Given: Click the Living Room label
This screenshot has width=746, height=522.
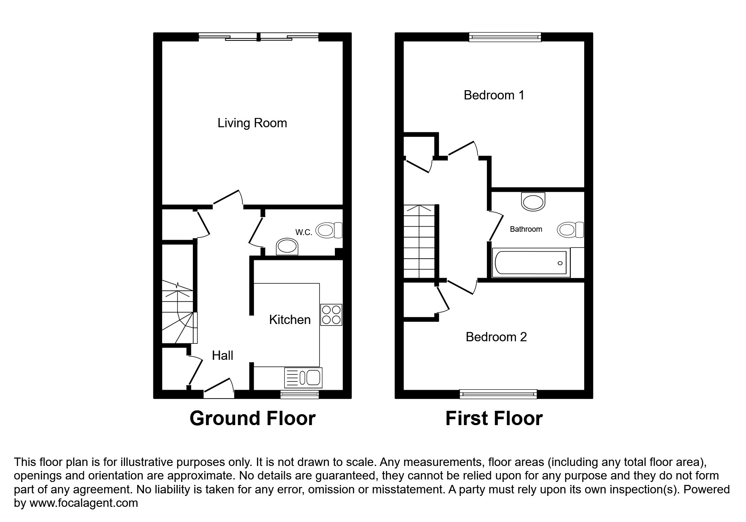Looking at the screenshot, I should click(x=252, y=123).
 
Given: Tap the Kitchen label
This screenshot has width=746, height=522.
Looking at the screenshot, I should click(x=290, y=320).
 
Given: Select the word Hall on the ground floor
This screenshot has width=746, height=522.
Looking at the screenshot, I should click(x=222, y=356).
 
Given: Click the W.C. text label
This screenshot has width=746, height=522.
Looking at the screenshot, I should click(x=303, y=232).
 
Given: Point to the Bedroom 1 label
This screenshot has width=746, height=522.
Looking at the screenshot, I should click(x=494, y=95).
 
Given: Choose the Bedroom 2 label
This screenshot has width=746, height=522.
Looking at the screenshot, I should click(x=496, y=337).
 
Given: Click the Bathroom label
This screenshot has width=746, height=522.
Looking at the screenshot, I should click(x=526, y=229).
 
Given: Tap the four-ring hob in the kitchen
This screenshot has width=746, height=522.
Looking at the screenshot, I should click(x=331, y=315).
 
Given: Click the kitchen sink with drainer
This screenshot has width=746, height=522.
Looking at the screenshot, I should click(x=304, y=377).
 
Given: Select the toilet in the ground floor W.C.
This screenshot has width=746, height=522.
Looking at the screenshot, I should click(x=329, y=230).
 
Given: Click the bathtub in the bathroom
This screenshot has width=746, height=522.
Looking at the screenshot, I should click(x=531, y=263).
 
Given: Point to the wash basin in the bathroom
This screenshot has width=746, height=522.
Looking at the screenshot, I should click(x=533, y=201).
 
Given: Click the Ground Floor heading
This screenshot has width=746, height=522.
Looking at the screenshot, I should click(x=252, y=418).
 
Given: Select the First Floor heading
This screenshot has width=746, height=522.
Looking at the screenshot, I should click(x=494, y=418).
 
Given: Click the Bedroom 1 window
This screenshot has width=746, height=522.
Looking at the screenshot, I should click(x=505, y=37).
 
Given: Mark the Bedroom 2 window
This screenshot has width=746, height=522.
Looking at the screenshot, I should click(x=498, y=394).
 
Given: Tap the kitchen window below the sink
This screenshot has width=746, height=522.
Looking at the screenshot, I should click(x=299, y=394).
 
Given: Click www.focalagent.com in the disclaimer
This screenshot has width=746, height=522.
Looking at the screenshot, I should click(x=83, y=503).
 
